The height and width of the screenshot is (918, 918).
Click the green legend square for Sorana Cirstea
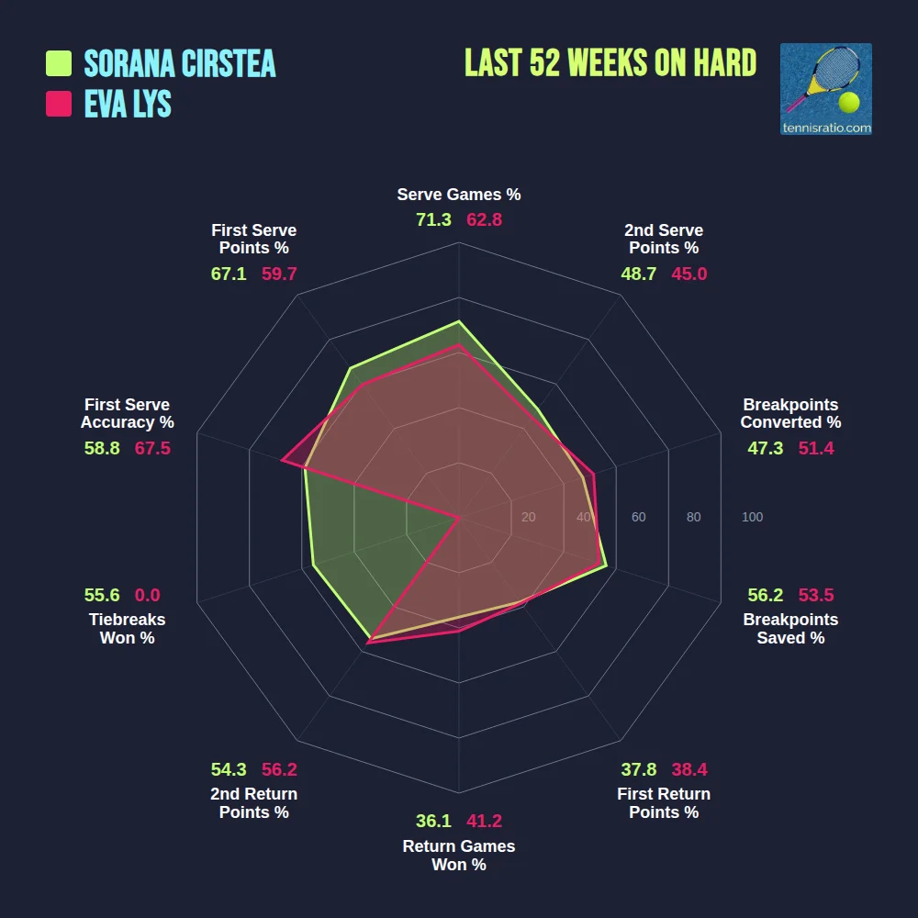tap(59, 63)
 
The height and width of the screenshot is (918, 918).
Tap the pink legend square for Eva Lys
tap(59, 104)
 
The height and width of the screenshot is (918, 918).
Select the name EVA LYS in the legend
tap(128, 104)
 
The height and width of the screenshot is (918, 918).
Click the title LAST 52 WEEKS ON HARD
tap(610, 63)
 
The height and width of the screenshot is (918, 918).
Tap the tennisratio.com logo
tap(825, 89)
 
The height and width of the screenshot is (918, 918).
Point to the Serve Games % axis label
tap(458, 195)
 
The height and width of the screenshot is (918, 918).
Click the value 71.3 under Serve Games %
tap(433, 219)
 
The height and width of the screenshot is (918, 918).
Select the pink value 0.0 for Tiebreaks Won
tap(147, 595)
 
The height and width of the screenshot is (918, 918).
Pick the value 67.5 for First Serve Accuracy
tap(152, 448)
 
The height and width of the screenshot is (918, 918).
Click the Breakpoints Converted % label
tap(790, 414)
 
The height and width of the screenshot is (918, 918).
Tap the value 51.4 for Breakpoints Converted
tap(816, 448)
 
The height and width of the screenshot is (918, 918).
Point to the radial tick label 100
tap(752, 518)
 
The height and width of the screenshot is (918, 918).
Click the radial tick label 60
tap(638, 518)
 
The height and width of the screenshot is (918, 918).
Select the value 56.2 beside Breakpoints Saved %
tap(766, 595)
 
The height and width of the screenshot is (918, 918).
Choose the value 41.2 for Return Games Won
tap(484, 821)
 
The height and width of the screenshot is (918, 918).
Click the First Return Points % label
tap(664, 803)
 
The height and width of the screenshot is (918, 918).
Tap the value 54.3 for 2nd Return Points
tap(229, 769)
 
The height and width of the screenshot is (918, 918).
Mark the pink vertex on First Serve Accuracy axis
tap(282, 461)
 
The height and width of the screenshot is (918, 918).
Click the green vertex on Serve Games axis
tap(458, 322)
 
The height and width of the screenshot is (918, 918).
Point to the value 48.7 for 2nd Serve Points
tap(638, 274)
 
